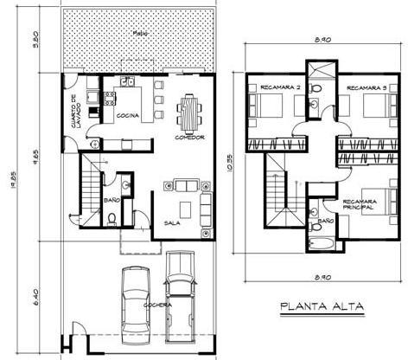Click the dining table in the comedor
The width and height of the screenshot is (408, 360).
pos(188,110)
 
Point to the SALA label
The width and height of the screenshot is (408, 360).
pos(171,222)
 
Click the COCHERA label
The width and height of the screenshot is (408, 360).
pos(158,305)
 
